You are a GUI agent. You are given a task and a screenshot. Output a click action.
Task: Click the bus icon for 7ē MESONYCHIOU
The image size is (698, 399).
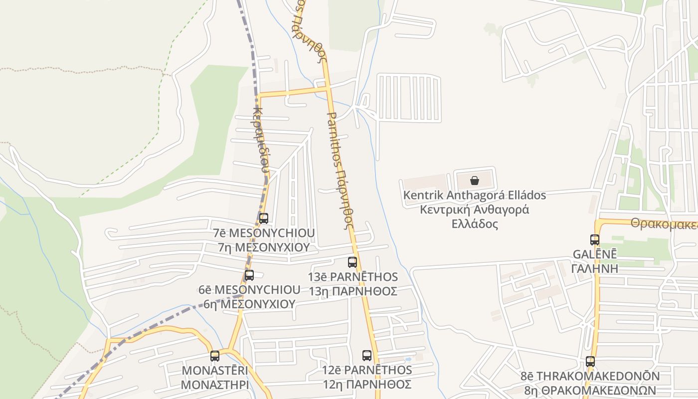(x=264, y=218)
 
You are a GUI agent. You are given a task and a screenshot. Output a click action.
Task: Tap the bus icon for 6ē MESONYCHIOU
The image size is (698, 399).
(x=249, y=275)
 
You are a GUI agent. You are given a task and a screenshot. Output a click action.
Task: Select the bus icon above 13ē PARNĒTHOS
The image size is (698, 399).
(x=352, y=262)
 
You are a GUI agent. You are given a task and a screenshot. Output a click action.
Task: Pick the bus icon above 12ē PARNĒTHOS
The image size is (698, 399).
(x=367, y=355)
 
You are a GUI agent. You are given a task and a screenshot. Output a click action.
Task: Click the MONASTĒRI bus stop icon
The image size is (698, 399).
(x=215, y=356)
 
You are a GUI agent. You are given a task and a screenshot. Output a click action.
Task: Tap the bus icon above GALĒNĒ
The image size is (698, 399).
(x=595, y=239)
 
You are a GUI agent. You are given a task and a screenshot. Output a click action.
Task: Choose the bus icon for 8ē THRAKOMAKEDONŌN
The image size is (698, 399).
(x=590, y=362)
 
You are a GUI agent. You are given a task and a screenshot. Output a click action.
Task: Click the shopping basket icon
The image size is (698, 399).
(x=474, y=180)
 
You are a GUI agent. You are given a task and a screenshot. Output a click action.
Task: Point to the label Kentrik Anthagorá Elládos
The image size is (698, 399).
(x=474, y=195)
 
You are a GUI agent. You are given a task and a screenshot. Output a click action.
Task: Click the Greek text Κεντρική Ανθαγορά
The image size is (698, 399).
(x=474, y=209)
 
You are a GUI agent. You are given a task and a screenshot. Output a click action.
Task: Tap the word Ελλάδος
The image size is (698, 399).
(x=475, y=223)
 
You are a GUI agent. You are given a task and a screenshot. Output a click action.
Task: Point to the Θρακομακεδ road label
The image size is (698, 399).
(x=664, y=223)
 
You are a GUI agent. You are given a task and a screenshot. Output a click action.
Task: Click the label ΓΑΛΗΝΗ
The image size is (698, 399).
(x=595, y=268)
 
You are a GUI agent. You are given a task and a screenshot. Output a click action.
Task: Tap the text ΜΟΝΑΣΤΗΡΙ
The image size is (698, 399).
(x=215, y=385)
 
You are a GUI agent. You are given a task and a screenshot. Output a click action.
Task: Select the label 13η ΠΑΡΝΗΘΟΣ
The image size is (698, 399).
(x=353, y=291)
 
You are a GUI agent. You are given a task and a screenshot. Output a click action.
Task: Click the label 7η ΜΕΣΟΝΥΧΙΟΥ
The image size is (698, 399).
(x=264, y=247)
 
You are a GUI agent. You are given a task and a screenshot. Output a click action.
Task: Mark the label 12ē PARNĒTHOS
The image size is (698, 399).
(x=367, y=370)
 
